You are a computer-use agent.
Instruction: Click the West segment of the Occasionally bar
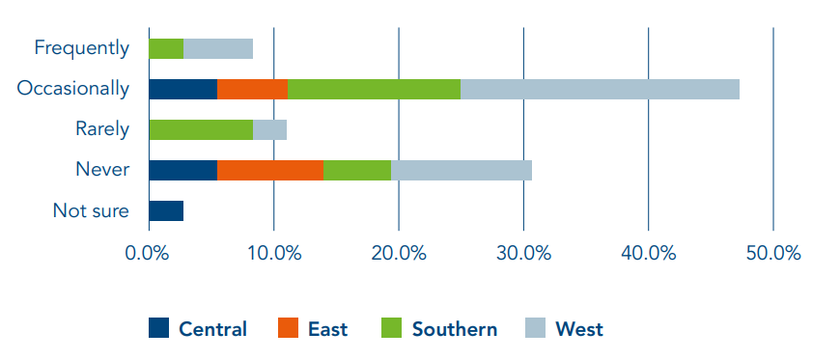coord(600,89)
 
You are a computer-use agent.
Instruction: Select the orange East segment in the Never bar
coord(270,171)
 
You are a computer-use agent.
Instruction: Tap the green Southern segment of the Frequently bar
coord(166,49)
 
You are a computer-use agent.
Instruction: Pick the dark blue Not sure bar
coord(166,211)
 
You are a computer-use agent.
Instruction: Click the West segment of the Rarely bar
coord(270,129)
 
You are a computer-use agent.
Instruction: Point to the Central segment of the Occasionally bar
coord(183,89)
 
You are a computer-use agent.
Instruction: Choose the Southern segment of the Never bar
coord(357,171)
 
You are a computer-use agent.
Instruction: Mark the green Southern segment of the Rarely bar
coord(201,129)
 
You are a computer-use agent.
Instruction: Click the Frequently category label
coord(82,48)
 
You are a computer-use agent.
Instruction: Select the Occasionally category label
coord(72,89)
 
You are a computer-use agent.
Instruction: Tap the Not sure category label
coord(91,211)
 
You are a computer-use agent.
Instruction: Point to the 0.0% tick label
coord(147,254)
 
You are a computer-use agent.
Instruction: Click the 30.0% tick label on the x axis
coord(523,254)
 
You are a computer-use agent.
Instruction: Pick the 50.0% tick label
coord(773,254)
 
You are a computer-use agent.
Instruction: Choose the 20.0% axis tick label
coord(399,254)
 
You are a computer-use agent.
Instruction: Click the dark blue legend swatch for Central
coord(159,328)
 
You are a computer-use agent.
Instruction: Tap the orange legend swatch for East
coord(289,328)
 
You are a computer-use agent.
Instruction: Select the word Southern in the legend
coord(455,329)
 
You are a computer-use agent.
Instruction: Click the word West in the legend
coord(579,329)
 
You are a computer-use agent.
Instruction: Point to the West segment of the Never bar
coord(462,171)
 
